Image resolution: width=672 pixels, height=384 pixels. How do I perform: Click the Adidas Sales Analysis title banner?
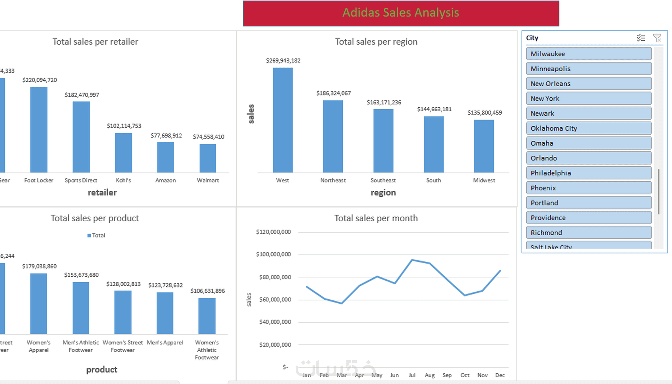tap(401, 13)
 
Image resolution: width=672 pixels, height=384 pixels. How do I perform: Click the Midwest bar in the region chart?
tap(484, 146)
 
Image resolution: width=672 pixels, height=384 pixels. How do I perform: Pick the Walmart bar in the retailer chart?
tap(208, 158)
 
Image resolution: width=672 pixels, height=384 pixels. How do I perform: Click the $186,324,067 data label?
tap(333, 93)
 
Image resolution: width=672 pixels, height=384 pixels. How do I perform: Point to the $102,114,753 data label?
tap(124, 126)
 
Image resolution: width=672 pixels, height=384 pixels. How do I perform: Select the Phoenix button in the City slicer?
tap(589, 188)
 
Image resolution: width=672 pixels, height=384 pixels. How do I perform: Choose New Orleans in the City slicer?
tap(589, 84)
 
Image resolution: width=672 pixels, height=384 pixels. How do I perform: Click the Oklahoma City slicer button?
tap(589, 128)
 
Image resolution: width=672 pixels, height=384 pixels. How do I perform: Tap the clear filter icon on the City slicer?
tap(657, 38)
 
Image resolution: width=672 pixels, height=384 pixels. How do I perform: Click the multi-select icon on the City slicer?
tap(641, 38)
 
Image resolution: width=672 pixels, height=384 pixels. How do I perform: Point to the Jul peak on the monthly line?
tap(412, 260)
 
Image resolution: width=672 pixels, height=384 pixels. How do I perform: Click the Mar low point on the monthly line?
tap(342, 303)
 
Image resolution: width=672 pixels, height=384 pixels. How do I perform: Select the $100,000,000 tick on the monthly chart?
tap(273, 254)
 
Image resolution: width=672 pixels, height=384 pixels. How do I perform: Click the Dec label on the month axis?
tap(500, 375)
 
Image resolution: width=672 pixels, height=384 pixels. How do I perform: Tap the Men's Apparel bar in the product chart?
tap(165, 313)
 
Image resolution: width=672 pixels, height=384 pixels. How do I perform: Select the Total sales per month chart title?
tap(376, 218)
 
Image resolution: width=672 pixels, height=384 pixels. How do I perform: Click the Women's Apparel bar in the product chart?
tap(39, 304)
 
